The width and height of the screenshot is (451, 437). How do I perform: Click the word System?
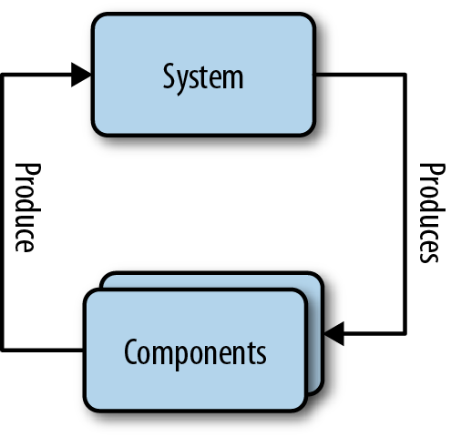pyautogui.click(x=203, y=78)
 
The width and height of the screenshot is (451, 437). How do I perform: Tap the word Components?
pyautogui.click(x=195, y=353)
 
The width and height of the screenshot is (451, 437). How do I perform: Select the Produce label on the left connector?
pyautogui.click(x=27, y=208)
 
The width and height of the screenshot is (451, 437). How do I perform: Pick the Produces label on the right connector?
pyautogui.click(x=432, y=213)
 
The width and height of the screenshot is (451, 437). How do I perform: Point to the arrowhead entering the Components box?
pyautogui.click(x=333, y=333)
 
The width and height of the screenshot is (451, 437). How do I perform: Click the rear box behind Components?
pyautogui.click(x=314, y=334)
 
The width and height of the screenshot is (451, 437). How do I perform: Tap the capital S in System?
pyautogui.click(x=169, y=76)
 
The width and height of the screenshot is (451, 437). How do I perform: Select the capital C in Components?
pyautogui.click(x=130, y=352)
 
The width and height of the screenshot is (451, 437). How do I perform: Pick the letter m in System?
pyautogui.click(x=232, y=79)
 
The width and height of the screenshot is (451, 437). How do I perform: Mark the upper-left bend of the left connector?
pyautogui.click(x=3, y=75)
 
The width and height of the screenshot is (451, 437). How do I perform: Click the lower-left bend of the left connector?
pyautogui.click(x=3, y=350)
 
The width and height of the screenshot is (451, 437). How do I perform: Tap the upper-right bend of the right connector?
pyautogui.click(x=405, y=75)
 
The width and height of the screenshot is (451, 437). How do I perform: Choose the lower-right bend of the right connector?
pyautogui.click(x=405, y=333)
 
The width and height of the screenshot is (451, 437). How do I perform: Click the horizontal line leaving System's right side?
pyautogui.click(x=361, y=75)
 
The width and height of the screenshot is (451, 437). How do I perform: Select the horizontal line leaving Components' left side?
pyautogui.click(x=43, y=350)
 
